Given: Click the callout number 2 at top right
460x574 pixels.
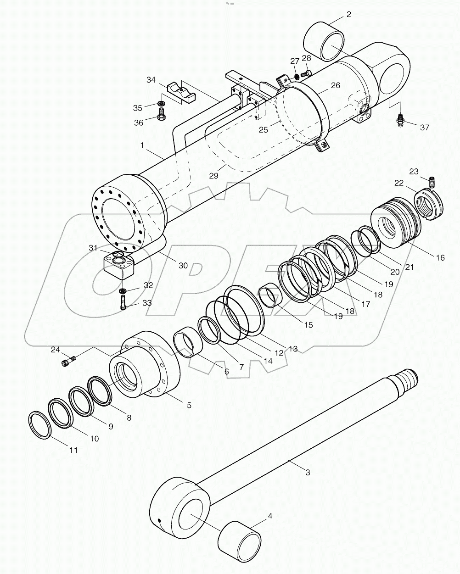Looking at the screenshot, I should (348, 14).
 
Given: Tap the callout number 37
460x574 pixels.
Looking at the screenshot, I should (425, 127).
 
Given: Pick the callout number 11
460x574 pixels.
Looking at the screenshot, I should (73, 450).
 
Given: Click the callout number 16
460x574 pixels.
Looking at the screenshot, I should (440, 258).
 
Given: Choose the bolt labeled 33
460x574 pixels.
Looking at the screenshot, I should (124, 301).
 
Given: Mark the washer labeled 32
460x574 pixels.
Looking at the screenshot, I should (123, 290).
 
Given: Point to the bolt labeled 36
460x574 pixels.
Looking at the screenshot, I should (162, 114).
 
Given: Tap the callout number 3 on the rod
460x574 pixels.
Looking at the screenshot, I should (308, 472).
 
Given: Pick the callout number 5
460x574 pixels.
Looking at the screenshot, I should (189, 405).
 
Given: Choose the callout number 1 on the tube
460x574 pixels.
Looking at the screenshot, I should (142, 145).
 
